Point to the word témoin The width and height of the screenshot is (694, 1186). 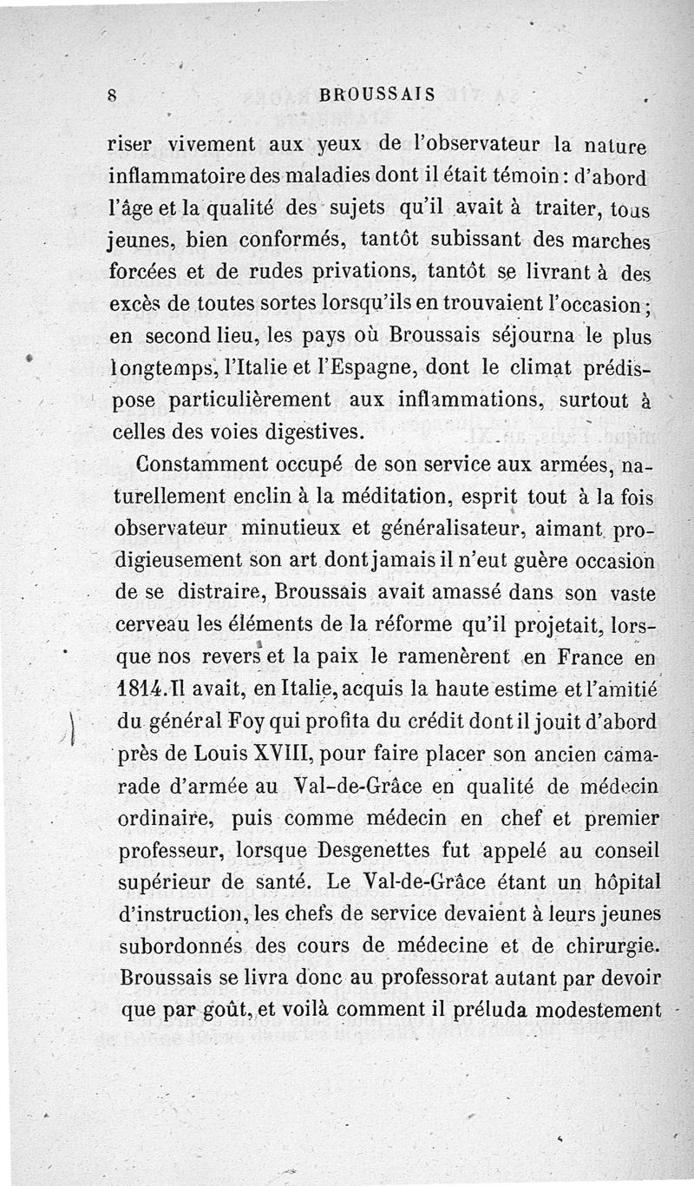tap(493, 174)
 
